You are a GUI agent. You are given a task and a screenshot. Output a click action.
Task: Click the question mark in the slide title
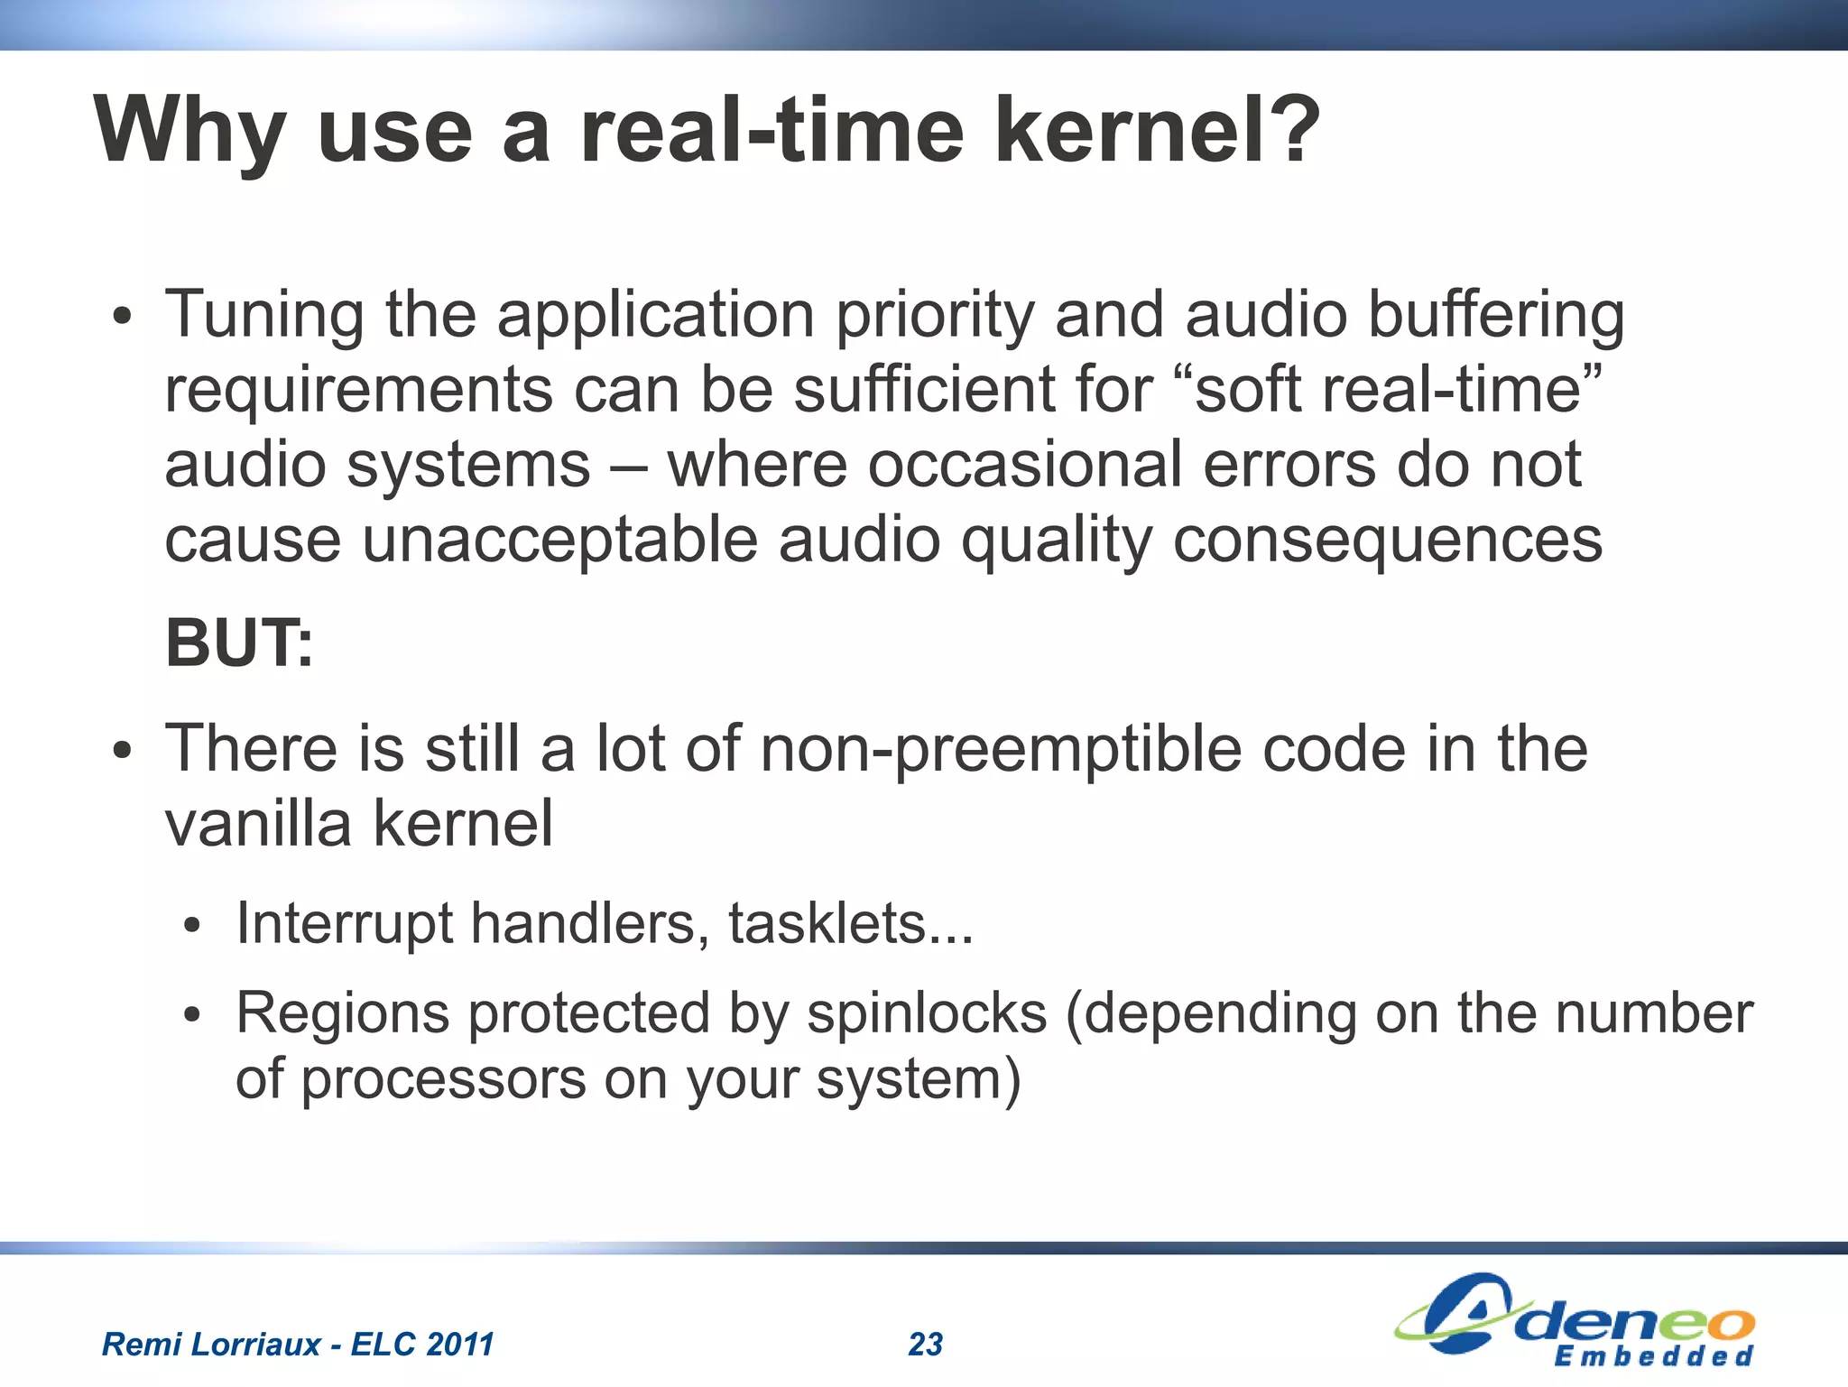click(1291, 131)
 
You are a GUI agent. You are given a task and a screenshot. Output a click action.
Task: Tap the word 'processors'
click(443, 1079)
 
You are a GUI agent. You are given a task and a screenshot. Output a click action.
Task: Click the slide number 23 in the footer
click(925, 1345)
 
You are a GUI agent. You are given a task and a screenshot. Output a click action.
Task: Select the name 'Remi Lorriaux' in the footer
click(211, 1345)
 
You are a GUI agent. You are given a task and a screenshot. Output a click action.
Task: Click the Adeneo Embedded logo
click(1575, 1322)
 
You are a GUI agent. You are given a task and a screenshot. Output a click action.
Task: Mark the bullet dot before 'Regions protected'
click(191, 1015)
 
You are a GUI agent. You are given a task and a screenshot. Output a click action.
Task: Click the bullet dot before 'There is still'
click(123, 751)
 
